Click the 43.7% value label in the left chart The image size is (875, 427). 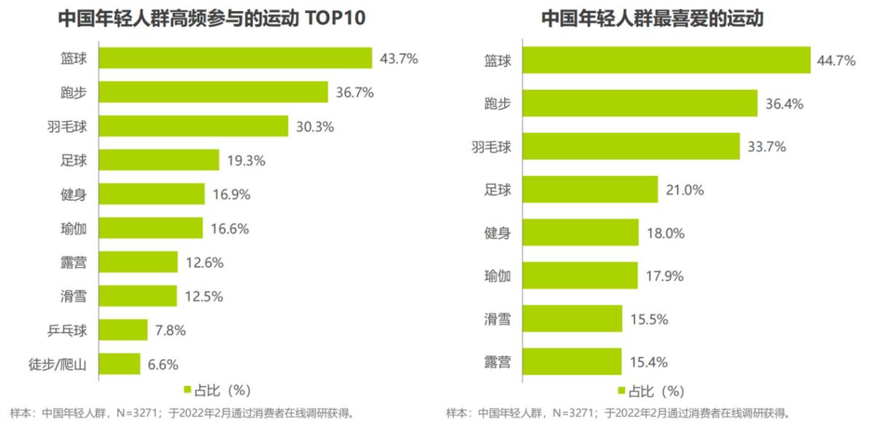pos(399,58)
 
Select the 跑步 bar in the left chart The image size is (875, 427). pos(213,92)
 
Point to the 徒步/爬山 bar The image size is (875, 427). pos(119,363)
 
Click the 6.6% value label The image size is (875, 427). pos(163,363)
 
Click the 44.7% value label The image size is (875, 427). pos(836,61)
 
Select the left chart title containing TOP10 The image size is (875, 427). pos(212,19)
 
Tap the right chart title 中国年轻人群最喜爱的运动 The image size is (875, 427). pos(652,19)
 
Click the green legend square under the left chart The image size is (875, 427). pos(187,390)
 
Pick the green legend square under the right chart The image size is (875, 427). pos(621,390)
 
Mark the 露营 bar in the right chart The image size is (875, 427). pos(572,361)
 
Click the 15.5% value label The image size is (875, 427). pos(649,319)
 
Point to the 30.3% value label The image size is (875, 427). pos(314,126)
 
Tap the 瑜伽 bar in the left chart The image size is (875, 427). pos(150,228)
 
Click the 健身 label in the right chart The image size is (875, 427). pos(498,233)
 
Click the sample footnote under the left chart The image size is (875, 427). pos(182,413)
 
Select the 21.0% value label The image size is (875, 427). pos(685,190)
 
